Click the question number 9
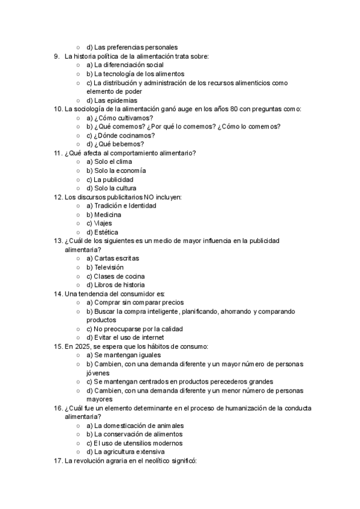[x=56, y=56]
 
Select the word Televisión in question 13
[x=109, y=267]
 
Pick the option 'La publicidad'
[x=110, y=179]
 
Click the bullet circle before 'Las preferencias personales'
[x=78, y=47]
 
